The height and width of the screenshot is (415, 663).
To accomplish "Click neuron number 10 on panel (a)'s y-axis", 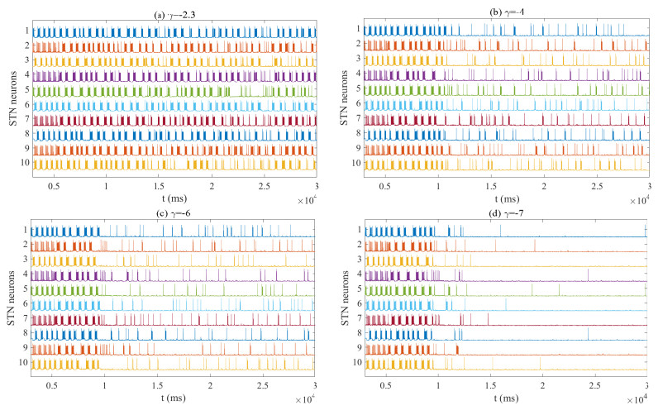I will click(24, 163).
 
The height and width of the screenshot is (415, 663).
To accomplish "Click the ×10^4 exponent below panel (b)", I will click(638, 202).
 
